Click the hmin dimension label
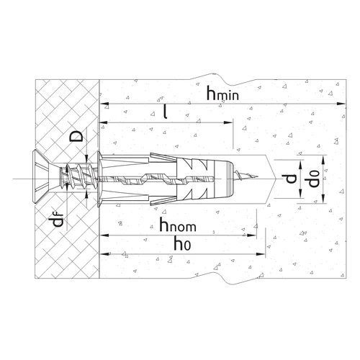tap(222, 94)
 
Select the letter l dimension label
tap(165, 112)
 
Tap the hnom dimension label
tap(178, 225)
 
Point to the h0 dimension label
tap(183, 244)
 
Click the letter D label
tap(76, 136)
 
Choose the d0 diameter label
tap(313, 179)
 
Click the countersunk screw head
tap(40, 177)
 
